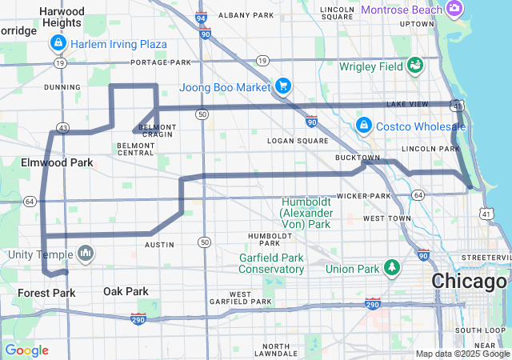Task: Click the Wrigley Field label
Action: [371, 67]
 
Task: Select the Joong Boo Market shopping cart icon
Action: [282, 86]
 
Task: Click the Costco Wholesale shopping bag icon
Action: [363, 126]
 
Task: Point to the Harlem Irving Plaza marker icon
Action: [60, 44]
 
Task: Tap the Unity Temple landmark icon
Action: [85, 254]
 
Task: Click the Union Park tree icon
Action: [392, 266]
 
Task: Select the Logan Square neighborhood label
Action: [292, 141]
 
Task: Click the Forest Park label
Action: [46, 293]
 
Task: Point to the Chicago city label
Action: [469, 282]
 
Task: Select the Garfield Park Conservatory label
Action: [271, 263]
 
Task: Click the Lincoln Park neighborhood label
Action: [430, 149]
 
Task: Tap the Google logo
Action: [26, 350]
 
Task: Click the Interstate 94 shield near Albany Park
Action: [200, 17]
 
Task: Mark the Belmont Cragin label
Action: [157, 131]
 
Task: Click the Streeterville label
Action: [483, 258]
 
